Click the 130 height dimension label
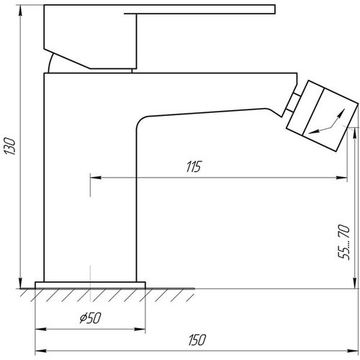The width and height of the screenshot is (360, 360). click(x=10, y=146)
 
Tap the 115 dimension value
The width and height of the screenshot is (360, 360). click(x=194, y=166)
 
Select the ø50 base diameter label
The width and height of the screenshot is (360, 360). click(x=90, y=318)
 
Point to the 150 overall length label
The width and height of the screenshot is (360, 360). click(x=197, y=340)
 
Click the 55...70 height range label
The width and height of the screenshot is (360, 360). click(x=343, y=242)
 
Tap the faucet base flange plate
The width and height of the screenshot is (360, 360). click(x=90, y=285)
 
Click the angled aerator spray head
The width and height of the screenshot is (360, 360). click(x=322, y=116)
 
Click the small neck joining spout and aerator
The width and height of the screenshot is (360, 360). click(x=294, y=102)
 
